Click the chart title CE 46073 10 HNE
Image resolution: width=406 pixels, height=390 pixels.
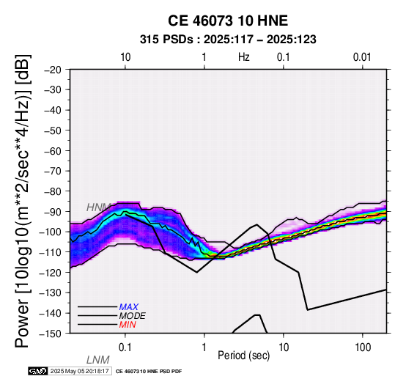point(228,21)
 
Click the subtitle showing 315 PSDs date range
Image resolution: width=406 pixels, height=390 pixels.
point(228,40)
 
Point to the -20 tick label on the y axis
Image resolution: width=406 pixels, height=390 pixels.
point(53,70)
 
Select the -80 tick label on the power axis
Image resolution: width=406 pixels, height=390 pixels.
point(53,191)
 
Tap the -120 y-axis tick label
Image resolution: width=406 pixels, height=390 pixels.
point(51,273)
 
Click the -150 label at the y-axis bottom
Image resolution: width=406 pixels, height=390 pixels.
point(51,334)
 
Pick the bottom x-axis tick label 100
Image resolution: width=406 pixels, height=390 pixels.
point(363,347)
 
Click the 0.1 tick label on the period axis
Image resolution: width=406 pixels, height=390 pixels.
point(125,347)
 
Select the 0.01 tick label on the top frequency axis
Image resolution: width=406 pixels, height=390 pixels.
point(362,57)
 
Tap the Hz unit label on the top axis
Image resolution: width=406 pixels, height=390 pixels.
point(244,57)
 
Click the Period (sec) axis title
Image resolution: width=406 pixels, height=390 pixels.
point(243,356)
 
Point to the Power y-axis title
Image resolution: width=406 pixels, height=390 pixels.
point(23,202)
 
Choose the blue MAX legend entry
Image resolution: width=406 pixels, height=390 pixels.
point(129,307)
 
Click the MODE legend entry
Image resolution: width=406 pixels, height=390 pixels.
point(133,316)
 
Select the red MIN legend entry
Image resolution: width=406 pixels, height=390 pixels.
point(128,325)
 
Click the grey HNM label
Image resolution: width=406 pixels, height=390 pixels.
point(98,207)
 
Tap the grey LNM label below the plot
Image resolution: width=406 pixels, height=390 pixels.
point(98,360)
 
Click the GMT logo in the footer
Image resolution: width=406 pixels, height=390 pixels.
point(38,372)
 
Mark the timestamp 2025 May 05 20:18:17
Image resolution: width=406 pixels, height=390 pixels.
point(80,372)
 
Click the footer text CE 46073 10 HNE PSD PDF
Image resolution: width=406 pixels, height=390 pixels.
point(149,372)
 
